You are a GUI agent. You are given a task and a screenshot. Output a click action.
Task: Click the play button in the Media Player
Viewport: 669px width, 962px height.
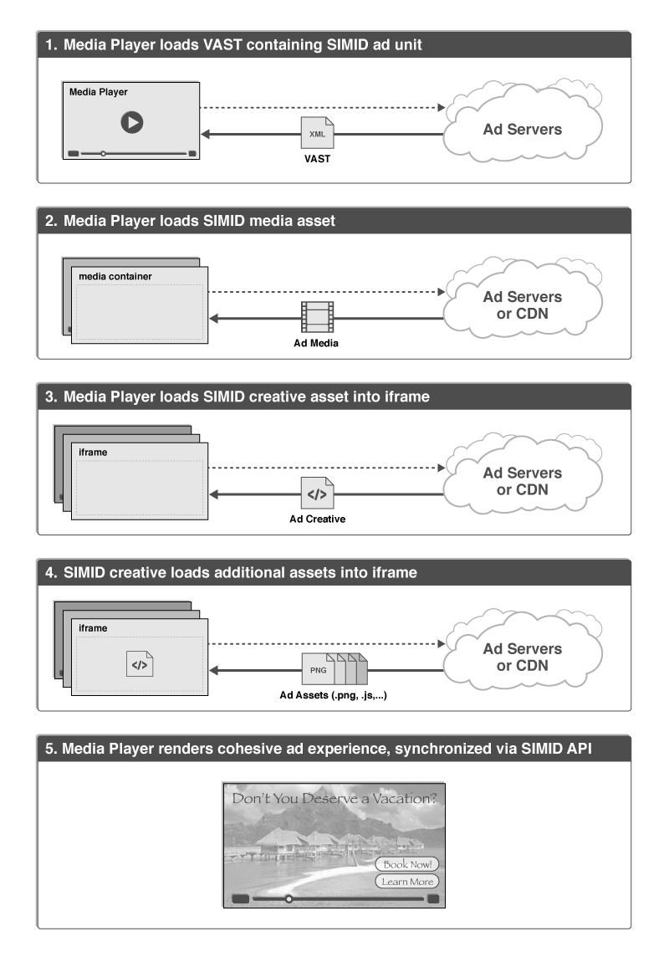tap(131, 122)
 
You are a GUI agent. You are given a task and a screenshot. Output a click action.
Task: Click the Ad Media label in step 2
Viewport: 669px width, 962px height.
tap(317, 344)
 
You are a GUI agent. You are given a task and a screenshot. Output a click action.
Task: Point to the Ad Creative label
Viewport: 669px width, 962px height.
tap(317, 519)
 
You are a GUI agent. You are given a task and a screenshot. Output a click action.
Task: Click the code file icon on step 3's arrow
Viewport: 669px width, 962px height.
tap(318, 494)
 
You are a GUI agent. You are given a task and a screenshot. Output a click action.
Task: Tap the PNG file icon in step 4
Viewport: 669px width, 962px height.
tap(319, 669)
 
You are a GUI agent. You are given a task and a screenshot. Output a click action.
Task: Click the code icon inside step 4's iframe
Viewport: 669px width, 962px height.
tap(140, 666)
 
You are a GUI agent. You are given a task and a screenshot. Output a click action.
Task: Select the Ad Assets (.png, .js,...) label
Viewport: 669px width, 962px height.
tap(333, 695)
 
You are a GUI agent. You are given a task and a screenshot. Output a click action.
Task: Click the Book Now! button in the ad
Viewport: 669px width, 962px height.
tap(407, 864)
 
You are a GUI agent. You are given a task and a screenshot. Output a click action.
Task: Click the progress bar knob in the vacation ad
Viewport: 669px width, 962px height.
tap(289, 899)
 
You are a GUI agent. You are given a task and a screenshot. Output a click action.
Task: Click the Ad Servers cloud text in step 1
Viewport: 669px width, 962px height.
tap(523, 129)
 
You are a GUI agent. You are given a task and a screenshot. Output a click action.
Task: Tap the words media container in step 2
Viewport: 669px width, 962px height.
tap(115, 276)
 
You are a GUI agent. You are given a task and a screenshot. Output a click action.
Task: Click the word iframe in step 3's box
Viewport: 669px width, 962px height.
tap(93, 452)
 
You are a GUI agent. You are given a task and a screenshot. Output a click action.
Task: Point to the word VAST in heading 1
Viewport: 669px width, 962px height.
tap(221, 45)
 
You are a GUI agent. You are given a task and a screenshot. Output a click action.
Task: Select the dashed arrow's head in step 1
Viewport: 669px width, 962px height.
tap(441, 108)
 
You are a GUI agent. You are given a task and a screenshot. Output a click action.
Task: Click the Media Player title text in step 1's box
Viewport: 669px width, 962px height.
tap(98, 92)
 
